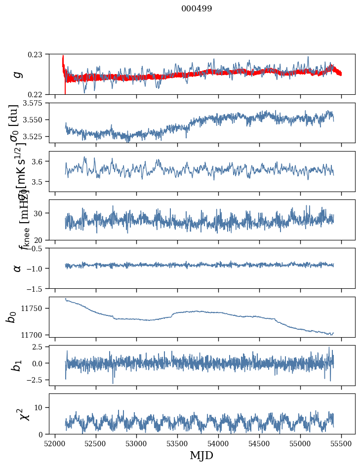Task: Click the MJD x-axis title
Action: [201, 456]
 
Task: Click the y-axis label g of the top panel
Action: [18, 74]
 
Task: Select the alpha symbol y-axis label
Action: [18, 268]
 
